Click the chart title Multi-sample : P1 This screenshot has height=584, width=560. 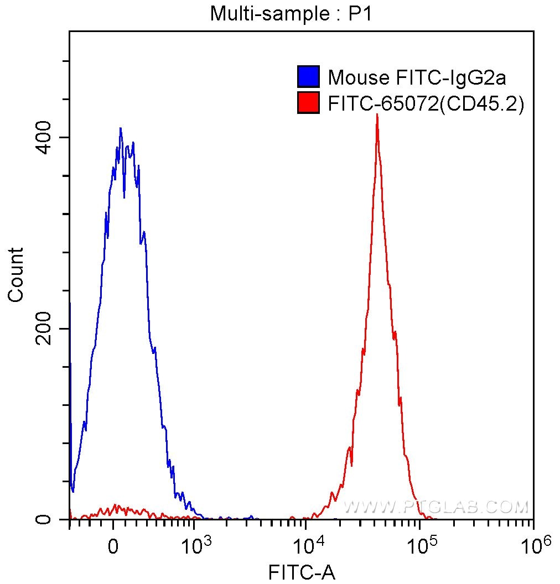[290, 13]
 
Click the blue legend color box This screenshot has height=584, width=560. [308, 77]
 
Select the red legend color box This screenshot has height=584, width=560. [308, 103]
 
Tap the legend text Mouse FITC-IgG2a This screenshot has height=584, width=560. [417, 77]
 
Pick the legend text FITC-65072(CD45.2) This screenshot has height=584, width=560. [426, 103]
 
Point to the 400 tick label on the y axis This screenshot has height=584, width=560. [46, 137]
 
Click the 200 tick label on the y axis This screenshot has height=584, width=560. [46, 328]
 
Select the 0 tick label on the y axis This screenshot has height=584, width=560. [46, 520]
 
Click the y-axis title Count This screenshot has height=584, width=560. [16, 275]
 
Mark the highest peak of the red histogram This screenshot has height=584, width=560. [377, 116]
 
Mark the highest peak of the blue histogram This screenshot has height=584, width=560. [120, 128]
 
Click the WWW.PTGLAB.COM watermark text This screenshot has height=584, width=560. [436, 507]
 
